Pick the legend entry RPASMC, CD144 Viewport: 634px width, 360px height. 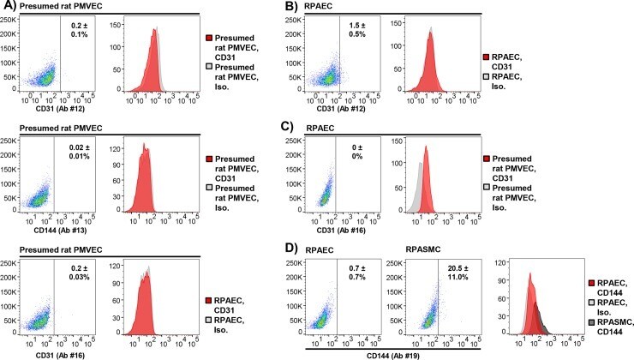tap(606, 326)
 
